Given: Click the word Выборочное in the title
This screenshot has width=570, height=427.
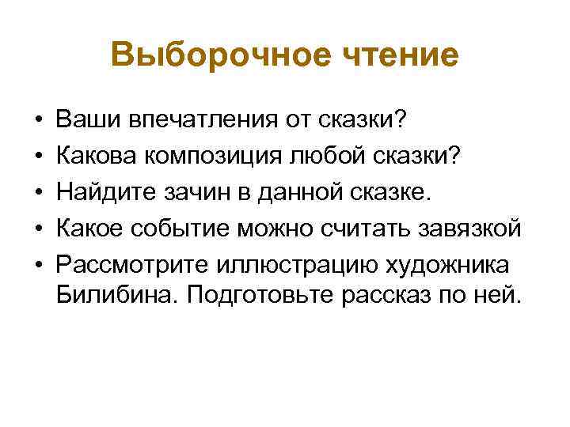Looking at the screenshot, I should click(x=207, y=55).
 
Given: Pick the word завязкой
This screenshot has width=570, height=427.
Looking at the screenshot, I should click(x=469, y=228).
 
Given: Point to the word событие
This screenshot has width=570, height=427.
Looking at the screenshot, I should click(x=207, y=228).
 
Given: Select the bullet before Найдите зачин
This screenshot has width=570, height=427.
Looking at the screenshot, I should click(x=38, y=192).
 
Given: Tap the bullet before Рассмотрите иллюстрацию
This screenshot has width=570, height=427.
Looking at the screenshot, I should click(x=38, y=263).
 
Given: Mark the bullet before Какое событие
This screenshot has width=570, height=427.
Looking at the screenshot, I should click(x=38, y=228).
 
